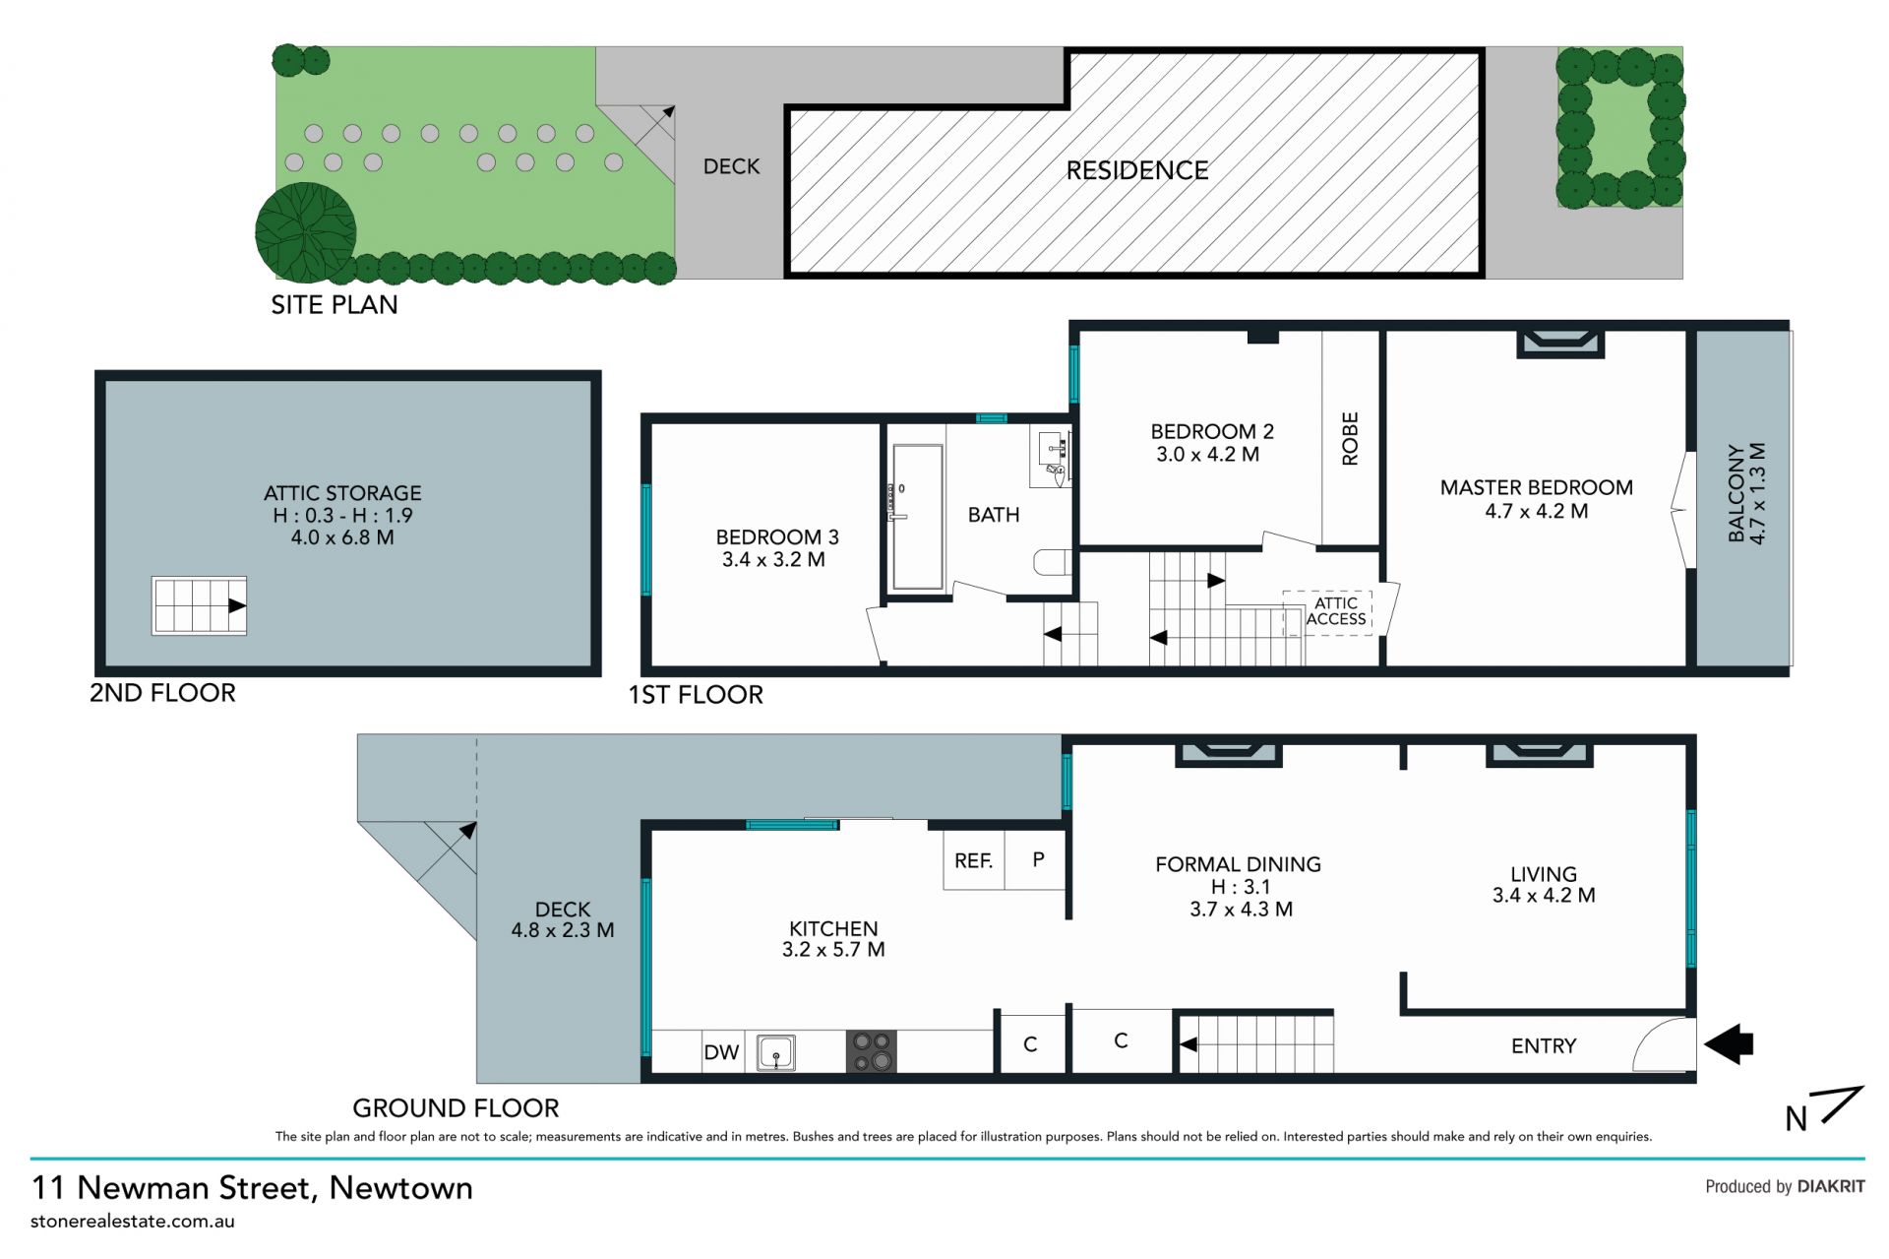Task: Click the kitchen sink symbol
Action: [775, 1052]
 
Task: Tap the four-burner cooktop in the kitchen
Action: [872, 1051]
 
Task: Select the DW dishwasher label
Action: [721, 1052]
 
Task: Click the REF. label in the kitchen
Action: [973, 861]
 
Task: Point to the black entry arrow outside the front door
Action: [1729, 1043]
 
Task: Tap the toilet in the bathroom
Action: [1052, 562]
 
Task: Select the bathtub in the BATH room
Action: [918, 517]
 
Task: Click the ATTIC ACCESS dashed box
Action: [1327, 612]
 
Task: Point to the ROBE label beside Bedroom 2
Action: [1350, 438]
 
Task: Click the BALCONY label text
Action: [1737, 493]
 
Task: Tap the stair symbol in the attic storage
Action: [199, 605]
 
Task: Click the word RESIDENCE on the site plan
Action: [1137, 170]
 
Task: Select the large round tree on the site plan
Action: [306, 233]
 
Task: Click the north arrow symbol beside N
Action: [1842, 1104]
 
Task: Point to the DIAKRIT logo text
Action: [1831, 1186]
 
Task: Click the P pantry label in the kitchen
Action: [1038, 859]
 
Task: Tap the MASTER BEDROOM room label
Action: [1537, 487]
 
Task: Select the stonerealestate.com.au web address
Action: [133, 1222]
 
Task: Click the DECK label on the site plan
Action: [731, 166]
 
